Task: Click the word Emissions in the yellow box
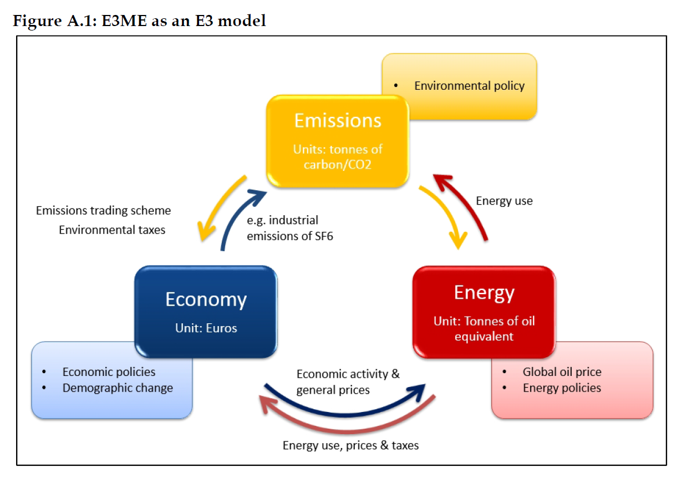[337, 120]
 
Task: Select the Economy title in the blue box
[206, 299]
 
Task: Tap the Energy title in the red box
[484, 292]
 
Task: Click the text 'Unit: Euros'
[206, 328]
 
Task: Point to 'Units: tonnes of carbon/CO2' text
[338, 156]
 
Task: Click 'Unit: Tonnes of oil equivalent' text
[484, 328]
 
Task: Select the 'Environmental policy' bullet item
[469, 85]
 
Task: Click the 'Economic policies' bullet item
[109, 372]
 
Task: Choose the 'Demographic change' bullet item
[118, 388]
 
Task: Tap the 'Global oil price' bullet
[562, 372]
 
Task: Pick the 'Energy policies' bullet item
[562, 388]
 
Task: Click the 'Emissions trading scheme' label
[103, 211]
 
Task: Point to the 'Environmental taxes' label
[112, 230]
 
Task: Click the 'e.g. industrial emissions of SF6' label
[289, 228]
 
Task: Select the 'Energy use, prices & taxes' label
[350, 445]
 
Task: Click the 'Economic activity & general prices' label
[347, 382]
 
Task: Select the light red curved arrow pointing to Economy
[333, 427]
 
